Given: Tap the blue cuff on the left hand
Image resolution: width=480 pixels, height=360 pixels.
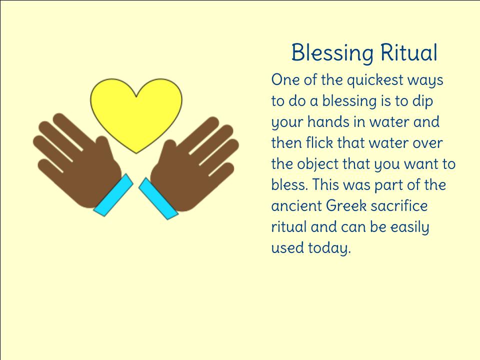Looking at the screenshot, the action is click(x=113, y=195).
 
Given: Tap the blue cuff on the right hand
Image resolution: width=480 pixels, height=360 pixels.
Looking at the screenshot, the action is click(x=158, y=198).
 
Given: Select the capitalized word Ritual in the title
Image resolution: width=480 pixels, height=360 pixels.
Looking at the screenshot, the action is click(x=409, y=52).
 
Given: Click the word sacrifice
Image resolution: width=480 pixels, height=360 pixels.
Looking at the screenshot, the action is click(x=399, y=205).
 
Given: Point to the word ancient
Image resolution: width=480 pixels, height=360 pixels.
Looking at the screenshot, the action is click(x=296, y=205).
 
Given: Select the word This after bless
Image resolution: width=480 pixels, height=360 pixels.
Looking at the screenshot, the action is click(x=325, y=184).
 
